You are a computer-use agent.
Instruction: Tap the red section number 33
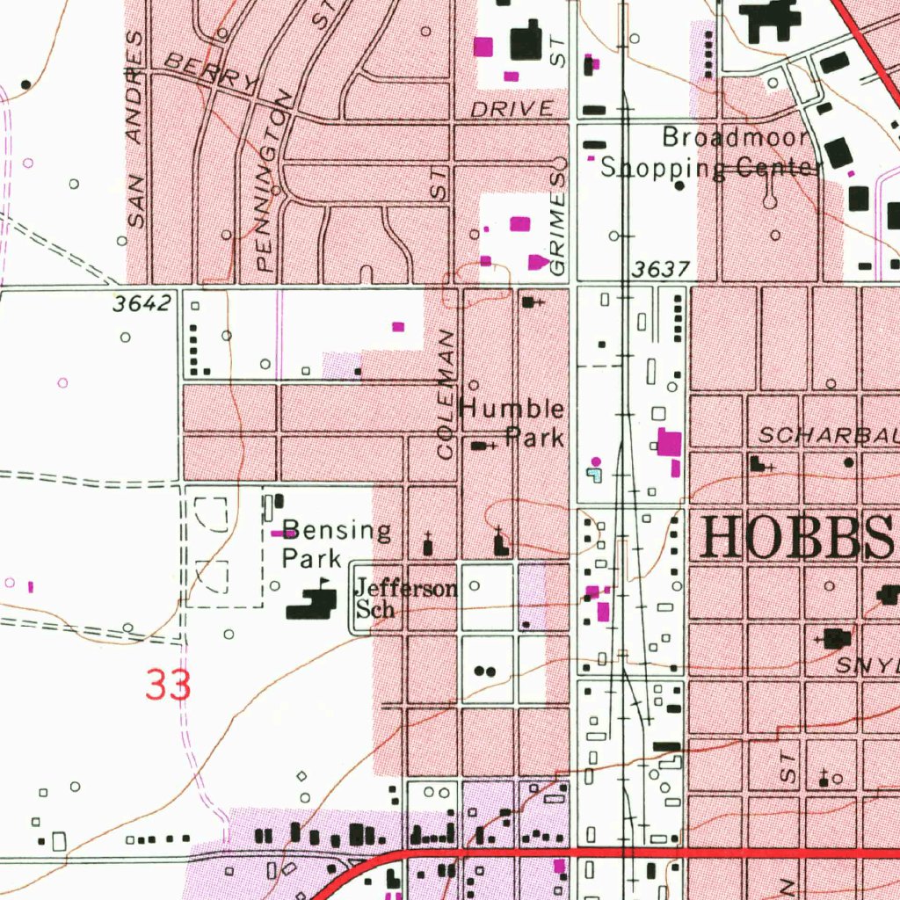click(168, 686)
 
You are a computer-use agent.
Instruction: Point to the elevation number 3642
click(141, 304)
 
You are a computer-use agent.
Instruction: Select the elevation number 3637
click(660, 269)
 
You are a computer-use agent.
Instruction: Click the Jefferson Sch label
click(404, 599)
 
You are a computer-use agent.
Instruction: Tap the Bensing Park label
click(337, 544)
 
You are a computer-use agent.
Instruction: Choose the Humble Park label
click(513, 423)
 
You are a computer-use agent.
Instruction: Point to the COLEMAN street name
click(446, 395)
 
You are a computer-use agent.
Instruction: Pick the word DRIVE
click(512, 109)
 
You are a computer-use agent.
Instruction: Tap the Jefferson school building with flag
click(312, 603)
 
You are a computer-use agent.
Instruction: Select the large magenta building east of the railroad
click(670, 443)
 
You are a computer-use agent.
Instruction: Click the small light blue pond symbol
click(595, 475)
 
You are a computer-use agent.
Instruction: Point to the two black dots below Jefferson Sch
click(484, 671)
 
